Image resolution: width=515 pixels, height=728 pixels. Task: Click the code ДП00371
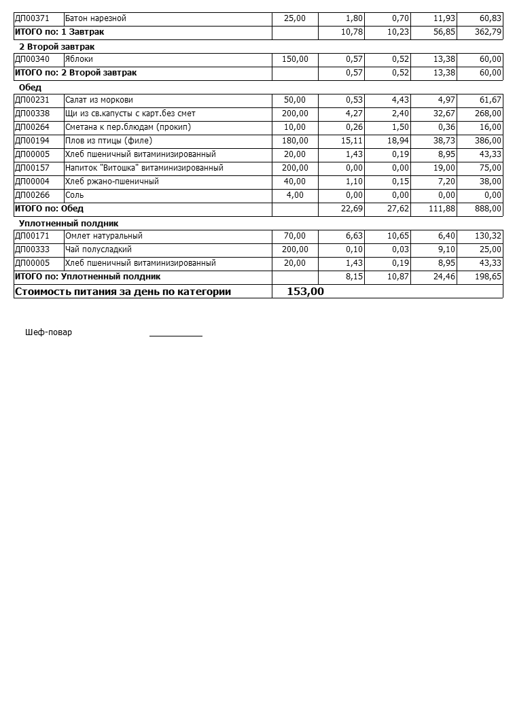(x=32, y=18)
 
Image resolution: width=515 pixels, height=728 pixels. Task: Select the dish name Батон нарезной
(x=96, y=18)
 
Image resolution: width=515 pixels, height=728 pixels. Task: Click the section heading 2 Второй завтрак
(x=56, y=47)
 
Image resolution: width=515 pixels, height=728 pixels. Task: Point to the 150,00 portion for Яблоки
(x=295, y=59)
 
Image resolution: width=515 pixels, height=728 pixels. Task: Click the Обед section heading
(x=30, y=88)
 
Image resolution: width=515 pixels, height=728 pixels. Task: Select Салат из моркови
(x=99, y=100)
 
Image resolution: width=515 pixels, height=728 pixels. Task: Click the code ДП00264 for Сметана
(x=32, y=127)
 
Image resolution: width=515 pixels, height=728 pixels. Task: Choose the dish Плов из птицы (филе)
(x=109, y=141)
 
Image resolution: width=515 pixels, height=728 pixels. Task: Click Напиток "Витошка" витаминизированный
(x=144, y=168)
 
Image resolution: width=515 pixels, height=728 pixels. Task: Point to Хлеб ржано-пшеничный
(x=111, y=181)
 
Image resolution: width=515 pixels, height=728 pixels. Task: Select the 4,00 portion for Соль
(x=295, y=195)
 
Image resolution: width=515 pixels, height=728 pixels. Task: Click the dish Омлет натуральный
(x=103, y=236)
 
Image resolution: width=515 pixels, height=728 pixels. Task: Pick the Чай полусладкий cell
(x=99, y=249)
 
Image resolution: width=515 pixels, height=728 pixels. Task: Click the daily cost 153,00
(x=305, y=292)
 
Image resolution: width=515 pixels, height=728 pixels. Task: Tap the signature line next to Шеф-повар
(x=175, y=334)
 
